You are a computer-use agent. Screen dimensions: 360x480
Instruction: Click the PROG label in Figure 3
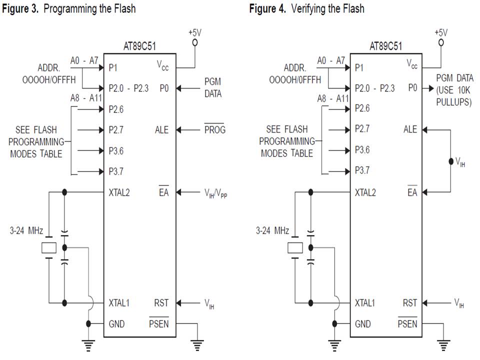tap(215, 130)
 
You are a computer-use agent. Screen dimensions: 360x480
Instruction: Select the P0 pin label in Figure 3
tap(164, 88)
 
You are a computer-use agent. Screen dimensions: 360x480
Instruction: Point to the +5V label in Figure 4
tap(440, 32)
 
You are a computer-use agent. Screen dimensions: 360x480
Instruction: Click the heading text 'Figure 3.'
tap(21, 8)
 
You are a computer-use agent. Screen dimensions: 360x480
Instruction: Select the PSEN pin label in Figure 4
tap(407, 324)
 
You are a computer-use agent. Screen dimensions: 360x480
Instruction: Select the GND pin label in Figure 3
tap(117, 324)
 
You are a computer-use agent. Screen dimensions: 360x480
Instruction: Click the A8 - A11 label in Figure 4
tap(333, 98)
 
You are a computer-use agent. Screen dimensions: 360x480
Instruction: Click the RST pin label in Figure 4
tap(409, 303)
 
